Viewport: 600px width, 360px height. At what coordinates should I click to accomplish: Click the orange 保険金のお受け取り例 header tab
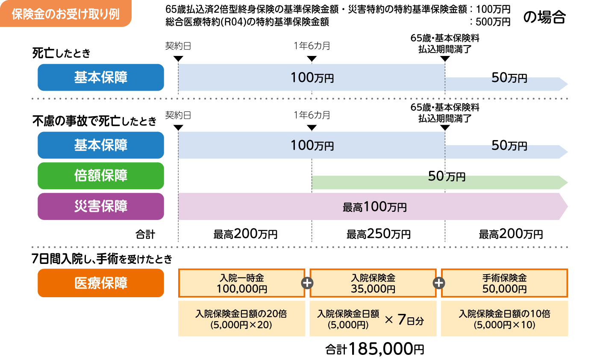click(65, 14)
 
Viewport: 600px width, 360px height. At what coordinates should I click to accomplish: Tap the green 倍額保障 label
click(101, 176)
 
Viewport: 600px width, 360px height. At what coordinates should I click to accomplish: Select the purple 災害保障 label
click(101, 206)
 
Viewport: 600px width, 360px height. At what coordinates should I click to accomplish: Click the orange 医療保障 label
click(101, 283)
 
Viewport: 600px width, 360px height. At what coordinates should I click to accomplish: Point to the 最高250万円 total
click(378, 234)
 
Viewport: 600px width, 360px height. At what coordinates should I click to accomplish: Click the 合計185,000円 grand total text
click(374, 349)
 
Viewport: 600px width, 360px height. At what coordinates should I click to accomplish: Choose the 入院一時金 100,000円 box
click(241, 283)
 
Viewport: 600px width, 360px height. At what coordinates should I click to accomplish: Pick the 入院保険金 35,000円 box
click(373, 283)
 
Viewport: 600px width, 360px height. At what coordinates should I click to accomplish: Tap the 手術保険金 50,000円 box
click(504, 283)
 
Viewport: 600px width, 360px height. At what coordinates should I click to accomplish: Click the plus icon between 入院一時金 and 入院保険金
click(307, 283)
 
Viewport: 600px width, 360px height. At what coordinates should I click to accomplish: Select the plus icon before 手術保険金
click(439, 283)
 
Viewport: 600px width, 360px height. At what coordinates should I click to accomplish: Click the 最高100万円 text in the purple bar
click(374, 207)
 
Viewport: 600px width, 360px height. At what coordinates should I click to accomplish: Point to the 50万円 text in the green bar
click(447, 176)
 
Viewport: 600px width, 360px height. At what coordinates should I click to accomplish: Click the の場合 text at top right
click(544, 17)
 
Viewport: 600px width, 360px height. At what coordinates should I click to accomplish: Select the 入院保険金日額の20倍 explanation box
click(241, 319)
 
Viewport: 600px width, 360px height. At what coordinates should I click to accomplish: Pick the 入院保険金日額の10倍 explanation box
click(504, 319)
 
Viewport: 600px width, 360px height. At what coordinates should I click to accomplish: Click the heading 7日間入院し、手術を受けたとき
click(102, 259)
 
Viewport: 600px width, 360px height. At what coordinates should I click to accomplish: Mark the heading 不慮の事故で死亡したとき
click(94, 121)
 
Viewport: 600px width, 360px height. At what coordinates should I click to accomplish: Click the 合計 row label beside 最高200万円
click(145, 234)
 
